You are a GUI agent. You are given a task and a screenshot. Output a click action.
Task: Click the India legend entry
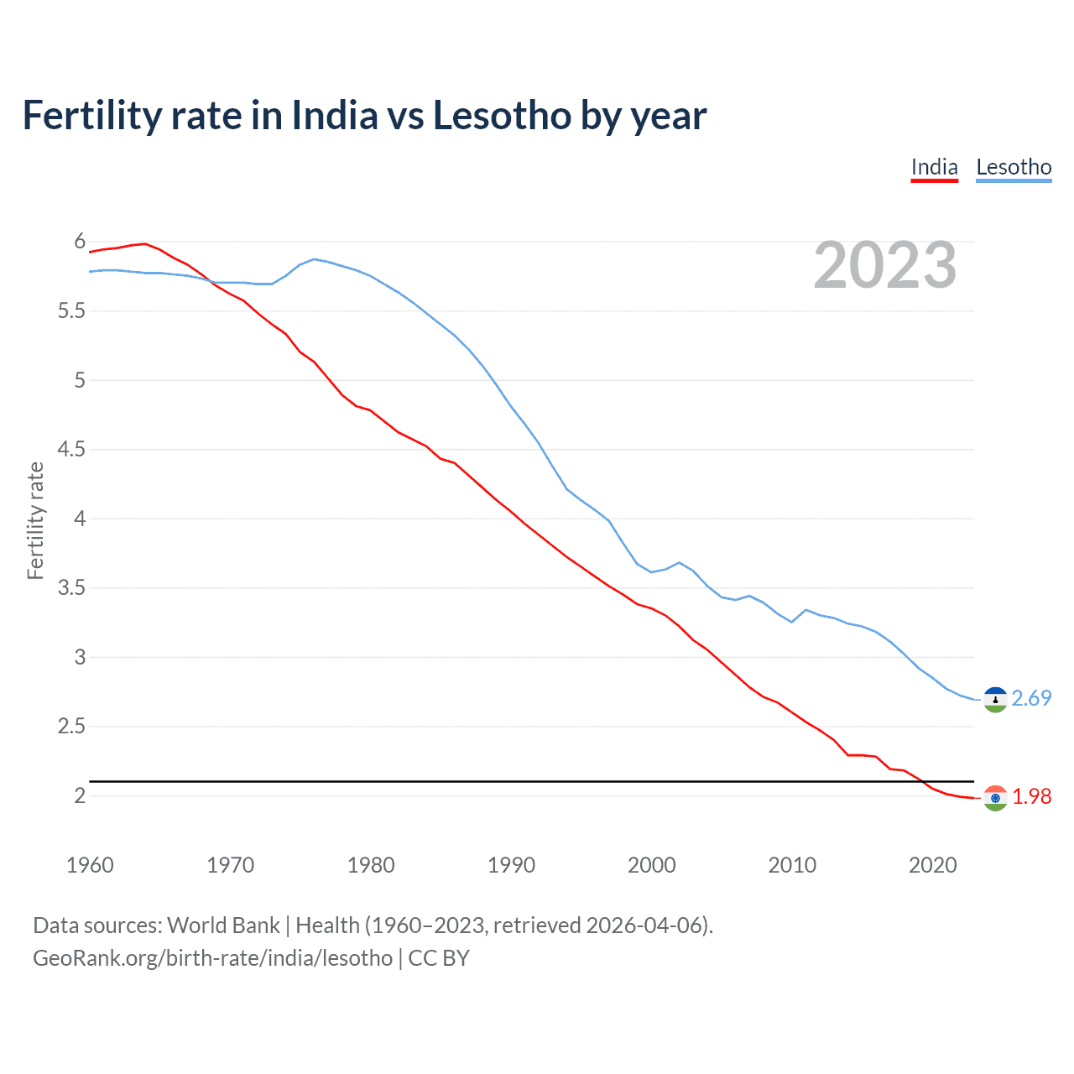tap(934, 167)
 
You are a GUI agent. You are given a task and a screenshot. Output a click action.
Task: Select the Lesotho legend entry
tap(1014, 167)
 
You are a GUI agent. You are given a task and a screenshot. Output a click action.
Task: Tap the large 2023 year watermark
tap(885, 265)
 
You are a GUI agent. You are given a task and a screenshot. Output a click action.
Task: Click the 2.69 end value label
tap(1031, 698)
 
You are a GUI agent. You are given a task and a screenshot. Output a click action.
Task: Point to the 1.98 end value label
tap(1031, 796)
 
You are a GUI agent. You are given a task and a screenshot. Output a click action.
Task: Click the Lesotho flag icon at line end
tap(995, 699)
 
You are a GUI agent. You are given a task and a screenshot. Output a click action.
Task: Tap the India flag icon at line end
tap(995, 798)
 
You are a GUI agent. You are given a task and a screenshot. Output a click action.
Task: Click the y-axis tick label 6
tap(80, 242)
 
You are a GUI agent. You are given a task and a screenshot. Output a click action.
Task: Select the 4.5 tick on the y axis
tap(71, 450)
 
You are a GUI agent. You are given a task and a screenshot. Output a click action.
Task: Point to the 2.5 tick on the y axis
tap(71, 727)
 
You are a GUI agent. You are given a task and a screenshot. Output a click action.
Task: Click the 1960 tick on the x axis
tap(90, 865)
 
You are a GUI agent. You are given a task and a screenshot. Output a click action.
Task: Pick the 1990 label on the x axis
tap(511, 865)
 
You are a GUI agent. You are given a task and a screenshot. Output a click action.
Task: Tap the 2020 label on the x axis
tap(932, 865)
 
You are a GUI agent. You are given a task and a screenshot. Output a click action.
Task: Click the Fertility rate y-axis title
tap(35, 520)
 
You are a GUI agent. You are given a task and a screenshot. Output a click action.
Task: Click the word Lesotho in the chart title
tap(502, 115)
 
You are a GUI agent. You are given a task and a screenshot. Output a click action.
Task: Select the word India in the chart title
tap(335, 115)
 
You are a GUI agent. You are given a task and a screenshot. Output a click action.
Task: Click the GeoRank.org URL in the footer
tap(212, 958)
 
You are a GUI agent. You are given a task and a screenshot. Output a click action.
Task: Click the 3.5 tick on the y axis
tap(71, 588)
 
